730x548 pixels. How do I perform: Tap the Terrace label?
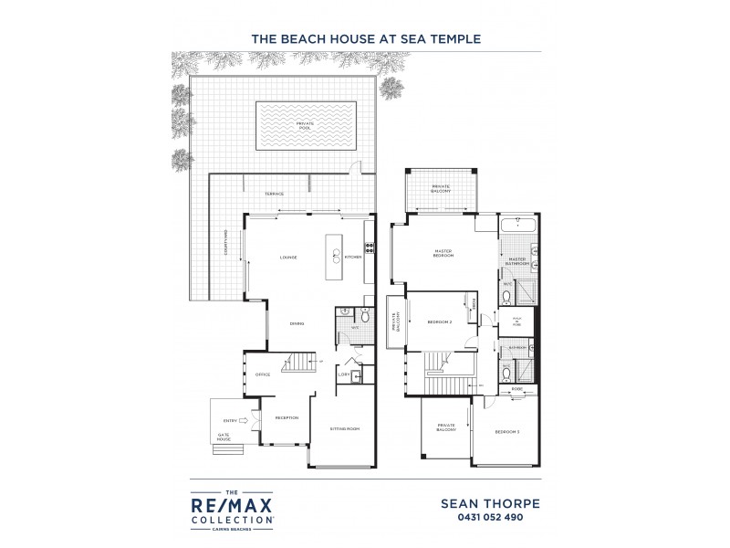[x=274, y=194]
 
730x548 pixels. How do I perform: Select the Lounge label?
[x=288, y=258]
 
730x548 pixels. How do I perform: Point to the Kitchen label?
[x=354, y=258]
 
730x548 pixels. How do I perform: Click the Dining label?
[x=297, y=324]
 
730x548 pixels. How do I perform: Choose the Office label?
[x=262, y=374]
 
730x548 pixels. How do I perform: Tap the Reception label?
[x=287, y=418]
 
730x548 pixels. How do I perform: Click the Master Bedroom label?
[x=443, y=254]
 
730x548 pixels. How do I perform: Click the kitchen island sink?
[x=335, y=256]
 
